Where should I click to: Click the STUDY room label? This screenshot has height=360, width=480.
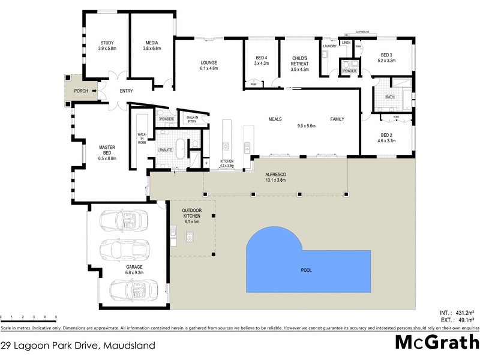pyautogui.click(x=107, y=43)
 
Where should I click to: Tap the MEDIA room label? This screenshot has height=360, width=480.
pyautogui.click(x=151, y=43)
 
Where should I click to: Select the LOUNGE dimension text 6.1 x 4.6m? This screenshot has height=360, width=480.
pyautogui.click(x=209, y=68)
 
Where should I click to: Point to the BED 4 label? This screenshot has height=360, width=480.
pyautogui.click(x=261, y=57)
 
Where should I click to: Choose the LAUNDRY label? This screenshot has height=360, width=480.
pyautogui.click(x=329, y=46)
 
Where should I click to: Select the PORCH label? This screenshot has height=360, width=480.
pyautogui.click(x=81, y=91)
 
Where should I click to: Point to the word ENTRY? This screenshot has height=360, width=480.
pyautogui.click(x=126, y=91)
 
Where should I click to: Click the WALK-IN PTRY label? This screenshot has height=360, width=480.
pyautogui.click(x=192, y=119)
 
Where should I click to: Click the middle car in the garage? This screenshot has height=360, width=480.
pyautogui.click(x=122, y=248)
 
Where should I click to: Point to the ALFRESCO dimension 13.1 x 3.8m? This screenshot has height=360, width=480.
pyautogui.click(x=276, y=180)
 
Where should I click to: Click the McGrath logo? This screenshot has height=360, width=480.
pyautogui.click(x=437, y=343)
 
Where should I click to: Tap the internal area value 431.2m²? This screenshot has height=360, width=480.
pyautogui.click(x=466, y=313)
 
